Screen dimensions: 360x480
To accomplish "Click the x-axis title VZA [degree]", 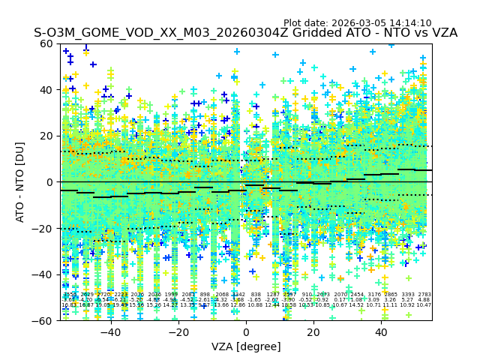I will (x=246, y=346).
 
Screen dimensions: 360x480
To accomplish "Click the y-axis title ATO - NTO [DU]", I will (x=21, y=181).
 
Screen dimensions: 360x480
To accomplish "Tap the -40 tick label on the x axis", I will (x=110, y=332).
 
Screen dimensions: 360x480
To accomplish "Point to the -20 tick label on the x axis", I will (x=178, y=332).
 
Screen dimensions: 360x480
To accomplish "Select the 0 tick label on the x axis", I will (x=246, y=332).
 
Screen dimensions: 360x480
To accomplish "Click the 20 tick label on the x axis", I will (x=313, y=332).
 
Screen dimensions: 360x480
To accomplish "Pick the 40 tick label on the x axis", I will (x=381, y=332).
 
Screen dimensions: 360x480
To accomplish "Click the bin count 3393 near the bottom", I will (x=407, y=295).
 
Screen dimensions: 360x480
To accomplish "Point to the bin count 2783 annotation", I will (x=424, y=295).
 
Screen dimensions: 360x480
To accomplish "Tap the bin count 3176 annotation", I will (x=373, y=295).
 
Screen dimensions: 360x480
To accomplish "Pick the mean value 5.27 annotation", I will (x=407, y=300).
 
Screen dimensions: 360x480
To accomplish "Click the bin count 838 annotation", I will (x=256, y=295).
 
